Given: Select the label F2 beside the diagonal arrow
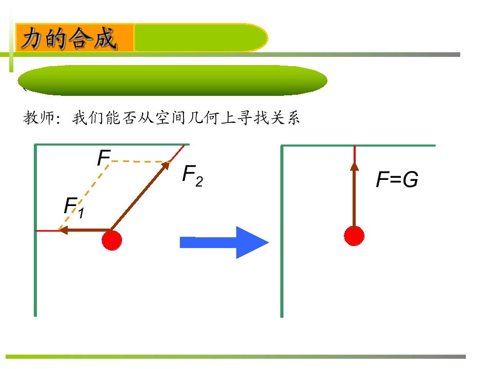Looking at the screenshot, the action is [193, 175].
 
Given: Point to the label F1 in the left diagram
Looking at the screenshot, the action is [74, 208].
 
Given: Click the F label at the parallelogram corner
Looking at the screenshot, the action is [104, 157].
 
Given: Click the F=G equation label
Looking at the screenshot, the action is [397, 179].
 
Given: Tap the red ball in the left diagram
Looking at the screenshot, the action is [112, 240].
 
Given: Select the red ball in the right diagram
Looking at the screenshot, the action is [354, 236].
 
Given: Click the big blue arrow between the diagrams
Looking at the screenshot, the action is [224, 242].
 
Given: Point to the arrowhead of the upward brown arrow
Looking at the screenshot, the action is [355, 166].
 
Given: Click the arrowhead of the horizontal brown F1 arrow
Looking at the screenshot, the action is [63, 231].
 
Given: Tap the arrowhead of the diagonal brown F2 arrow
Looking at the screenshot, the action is [166, 165].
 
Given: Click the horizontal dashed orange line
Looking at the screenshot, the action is [140, 161].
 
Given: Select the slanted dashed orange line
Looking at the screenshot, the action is [84, 197].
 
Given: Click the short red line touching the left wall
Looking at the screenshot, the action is [48, 231].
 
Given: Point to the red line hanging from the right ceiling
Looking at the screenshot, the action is [355, 154].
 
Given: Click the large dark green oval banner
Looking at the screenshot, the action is [173, 80].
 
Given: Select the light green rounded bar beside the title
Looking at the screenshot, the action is [201, 37].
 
